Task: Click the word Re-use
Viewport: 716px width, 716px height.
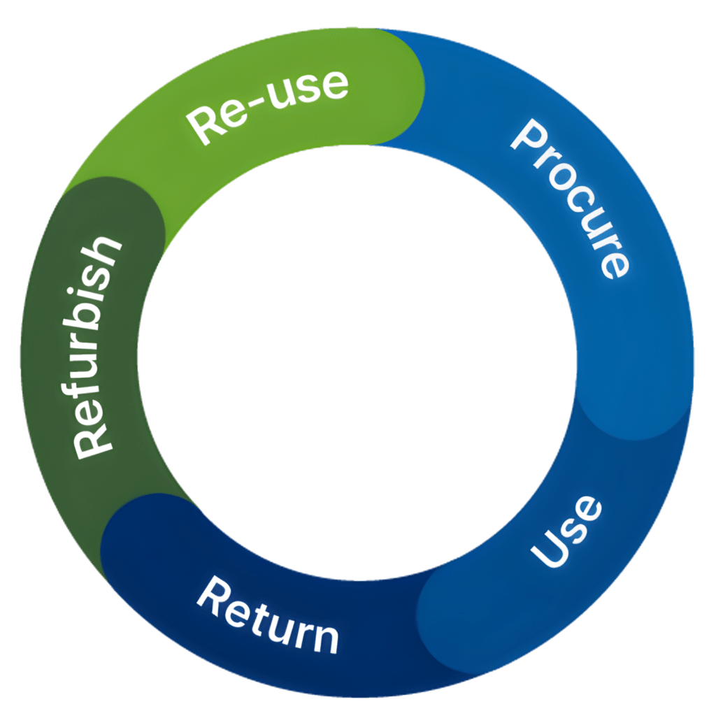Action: pyautogui.click(x=268, y=107)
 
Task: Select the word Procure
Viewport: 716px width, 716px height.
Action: pyautogui.click(x=571, y=199)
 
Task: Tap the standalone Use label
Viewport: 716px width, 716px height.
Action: pyautogui.click(x=566, y=531)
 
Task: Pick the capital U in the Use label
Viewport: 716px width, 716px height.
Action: pyautogui.click(x=547, y=551)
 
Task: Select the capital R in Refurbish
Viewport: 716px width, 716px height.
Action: pyautogui.click(x=93, y=439)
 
